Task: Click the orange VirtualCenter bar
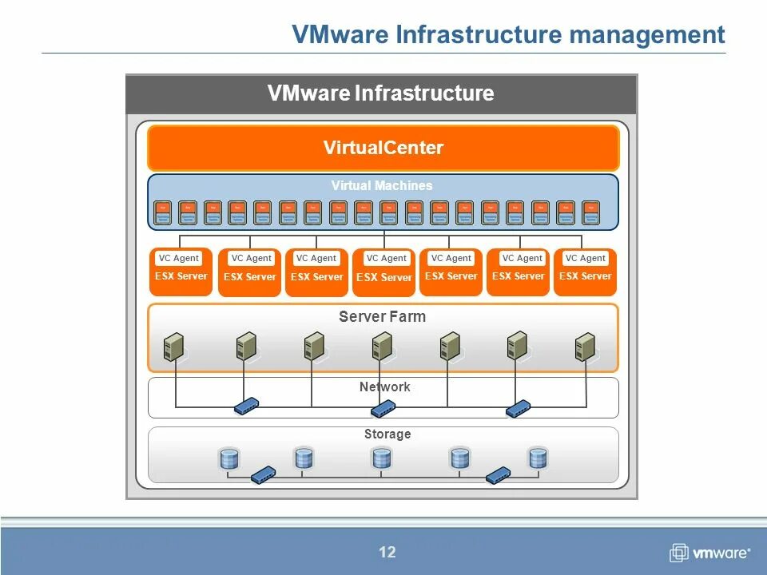point(383,148)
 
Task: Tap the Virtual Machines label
point(382,185)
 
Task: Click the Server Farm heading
point(382,316)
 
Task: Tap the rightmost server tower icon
point(586,347)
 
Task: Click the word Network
point(384,387)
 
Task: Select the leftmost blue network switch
point(246,406)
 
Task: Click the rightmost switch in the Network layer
point(518,408)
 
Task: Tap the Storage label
point(387,434)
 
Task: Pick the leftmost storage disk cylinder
point(229,459)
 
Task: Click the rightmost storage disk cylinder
point(538,458)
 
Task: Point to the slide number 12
point(387,552)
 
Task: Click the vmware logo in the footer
point(709,553)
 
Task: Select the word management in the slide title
point(647,34)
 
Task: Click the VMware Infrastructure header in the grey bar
point(380,93)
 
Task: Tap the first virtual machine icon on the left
point(163,212)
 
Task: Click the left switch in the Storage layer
point(263,474)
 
